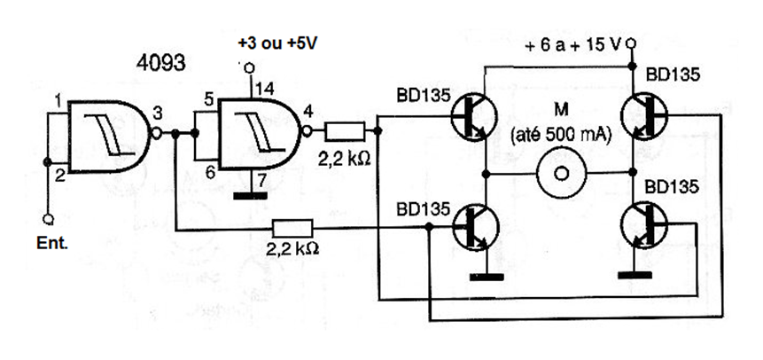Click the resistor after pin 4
346,133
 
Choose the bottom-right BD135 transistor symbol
643,225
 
